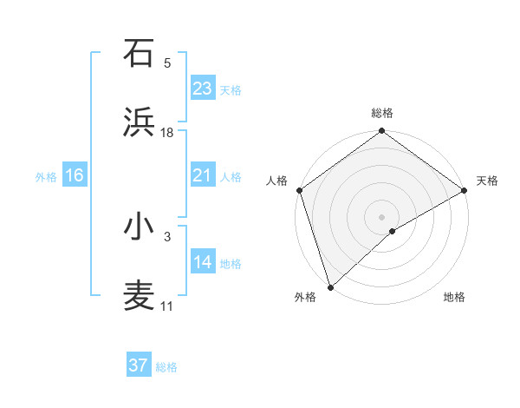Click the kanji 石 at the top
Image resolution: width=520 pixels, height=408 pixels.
pyautogui.click(x=139, y=53)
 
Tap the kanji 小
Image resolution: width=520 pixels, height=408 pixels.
pyautogui.click(x=139, y=227)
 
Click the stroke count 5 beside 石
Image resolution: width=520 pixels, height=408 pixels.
pyautogui.click(x=167, y=63)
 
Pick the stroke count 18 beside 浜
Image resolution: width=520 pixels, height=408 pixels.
pyautogui.click(x=167, y=133)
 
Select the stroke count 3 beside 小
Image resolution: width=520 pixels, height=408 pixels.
pyautogui.click(x=167, y=235)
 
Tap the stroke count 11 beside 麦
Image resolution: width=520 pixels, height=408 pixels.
pyautogui.click(x=167, y=306)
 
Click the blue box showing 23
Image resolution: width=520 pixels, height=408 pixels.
pyautogui.click(x=203, y=89)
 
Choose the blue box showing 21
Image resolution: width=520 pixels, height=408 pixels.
pyautogui.click(x=203, y=175)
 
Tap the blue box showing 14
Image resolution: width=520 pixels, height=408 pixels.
pyautogui.click(x=203, y=262)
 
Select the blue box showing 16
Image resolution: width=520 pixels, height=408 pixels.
pyautogui.click(x=75, y=175)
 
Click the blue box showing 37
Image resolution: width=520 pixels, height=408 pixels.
pyautogui.click(x=139, y=365)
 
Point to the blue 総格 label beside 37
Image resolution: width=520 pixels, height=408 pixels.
pyautogui.click(x=166, y=367)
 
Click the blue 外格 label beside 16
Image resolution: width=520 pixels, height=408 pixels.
pyautogui.click(x=46, y=176)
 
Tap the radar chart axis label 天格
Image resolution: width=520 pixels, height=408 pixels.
pyautogui.click(x=487, y=181)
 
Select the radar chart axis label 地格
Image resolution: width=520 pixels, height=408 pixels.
pyautogui.click(x=454, y=297)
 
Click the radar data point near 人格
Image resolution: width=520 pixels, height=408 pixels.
pyautogui.click(x=298, y=189)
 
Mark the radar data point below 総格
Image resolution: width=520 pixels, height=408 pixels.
pyautogui.click(x=381, y=132)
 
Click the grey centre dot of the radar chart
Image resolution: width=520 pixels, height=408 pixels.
pyautogui.click(x=381, y=215)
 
